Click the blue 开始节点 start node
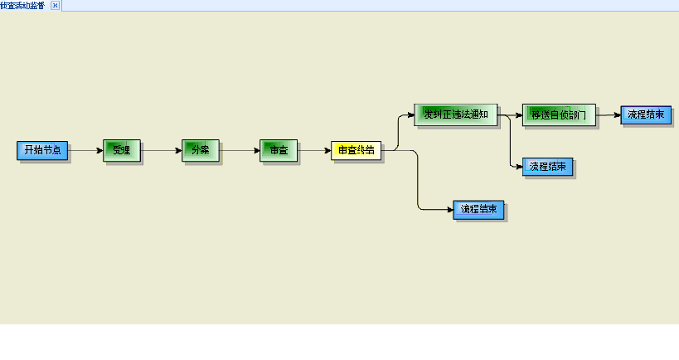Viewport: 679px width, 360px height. pos(42,150)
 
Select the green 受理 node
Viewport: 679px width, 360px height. pos(122,150)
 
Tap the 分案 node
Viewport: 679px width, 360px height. pos(200,150)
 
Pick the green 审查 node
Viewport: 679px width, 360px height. pos(278,150)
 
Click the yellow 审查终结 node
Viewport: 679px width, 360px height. pos(356,150)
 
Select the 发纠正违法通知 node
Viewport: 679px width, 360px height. pos(455,114)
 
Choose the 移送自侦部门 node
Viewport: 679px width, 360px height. pos(559,114)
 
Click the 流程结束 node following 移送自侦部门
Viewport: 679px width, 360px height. pos(645,114)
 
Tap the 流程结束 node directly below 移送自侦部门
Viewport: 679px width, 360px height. pos(547,167)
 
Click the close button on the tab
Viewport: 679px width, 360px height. pos(55,5)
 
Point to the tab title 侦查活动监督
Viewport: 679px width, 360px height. pos(23,5)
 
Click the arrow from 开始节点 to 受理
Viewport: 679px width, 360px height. pos(85,150)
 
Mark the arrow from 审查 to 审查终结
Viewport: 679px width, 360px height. pos(314,150)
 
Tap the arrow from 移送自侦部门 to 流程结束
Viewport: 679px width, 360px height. pos(609,114)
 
